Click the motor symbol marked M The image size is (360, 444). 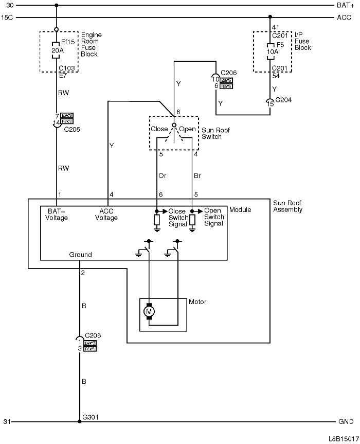[x=150, y=311]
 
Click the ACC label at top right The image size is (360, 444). [x=345, y=17]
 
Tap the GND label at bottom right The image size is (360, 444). [x=346, y=422]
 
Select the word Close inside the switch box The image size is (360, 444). [x=159, y=129]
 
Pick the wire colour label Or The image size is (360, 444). [x=162, y=175]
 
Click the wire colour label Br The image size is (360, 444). [x=197, y=175]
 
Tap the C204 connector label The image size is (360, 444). [x=283, y=100]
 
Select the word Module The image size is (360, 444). [x=240, y=210]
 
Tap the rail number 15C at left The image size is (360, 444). [x=7, y=17]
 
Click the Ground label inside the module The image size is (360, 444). [x=81, y=255]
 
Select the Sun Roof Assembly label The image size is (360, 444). [x=287, y=206]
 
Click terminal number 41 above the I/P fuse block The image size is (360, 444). [x=276, y=27]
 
